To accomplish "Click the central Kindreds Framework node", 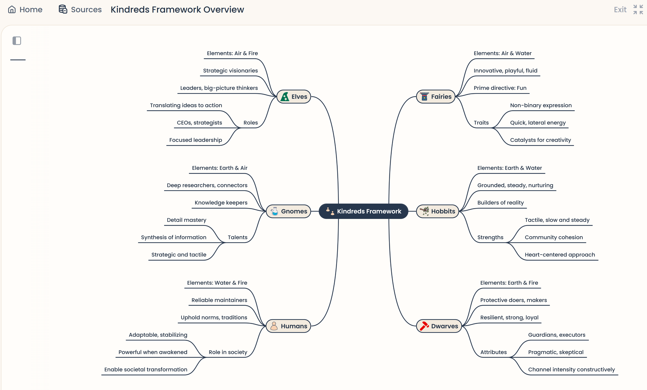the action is click(363, 211).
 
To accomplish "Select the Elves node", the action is click(294, 97).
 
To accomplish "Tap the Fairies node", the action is click(436, 97).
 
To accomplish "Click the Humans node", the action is click(288, 326).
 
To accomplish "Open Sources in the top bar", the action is click(80, 9).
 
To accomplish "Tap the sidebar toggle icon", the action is click(17, 41).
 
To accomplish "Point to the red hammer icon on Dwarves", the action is click(424, 326).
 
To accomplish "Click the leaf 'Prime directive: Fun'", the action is click(500, 88).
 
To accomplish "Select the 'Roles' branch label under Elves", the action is click(250, 123).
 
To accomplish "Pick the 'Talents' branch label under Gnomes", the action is click(237, 237).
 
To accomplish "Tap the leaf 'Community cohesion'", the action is click(554, 237).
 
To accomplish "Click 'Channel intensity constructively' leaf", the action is click(571, 370).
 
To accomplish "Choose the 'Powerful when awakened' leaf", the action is click(153, 352).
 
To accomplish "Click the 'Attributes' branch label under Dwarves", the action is click(493, 352).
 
